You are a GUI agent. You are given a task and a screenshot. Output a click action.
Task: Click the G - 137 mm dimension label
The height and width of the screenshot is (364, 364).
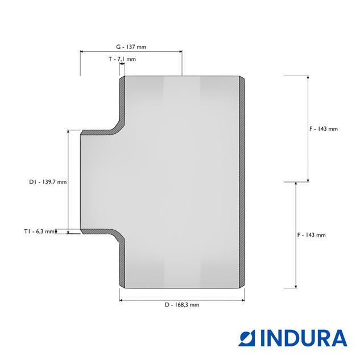pos(131,47)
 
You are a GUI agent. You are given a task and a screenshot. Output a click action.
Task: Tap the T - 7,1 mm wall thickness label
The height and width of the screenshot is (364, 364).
pos(122,59)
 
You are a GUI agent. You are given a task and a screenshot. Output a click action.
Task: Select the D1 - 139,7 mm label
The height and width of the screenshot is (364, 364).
pos(48,182)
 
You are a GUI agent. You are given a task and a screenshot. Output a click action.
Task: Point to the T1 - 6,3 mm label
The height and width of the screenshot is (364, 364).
pos(39,231)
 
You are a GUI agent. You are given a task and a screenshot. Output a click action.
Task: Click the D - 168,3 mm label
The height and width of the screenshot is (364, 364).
pos(182,305)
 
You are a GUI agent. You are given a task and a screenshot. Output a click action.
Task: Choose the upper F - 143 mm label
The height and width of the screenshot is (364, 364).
pos(324,129)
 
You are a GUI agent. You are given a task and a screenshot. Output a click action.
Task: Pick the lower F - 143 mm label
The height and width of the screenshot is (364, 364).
pos(312,235)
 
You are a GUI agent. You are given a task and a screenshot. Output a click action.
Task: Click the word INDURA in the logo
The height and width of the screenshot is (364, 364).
pos(304,338)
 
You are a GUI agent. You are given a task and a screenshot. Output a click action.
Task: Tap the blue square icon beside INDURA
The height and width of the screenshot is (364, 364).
pos(247,338)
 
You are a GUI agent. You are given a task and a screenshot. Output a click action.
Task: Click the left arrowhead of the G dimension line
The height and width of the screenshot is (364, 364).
pos(82,52)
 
